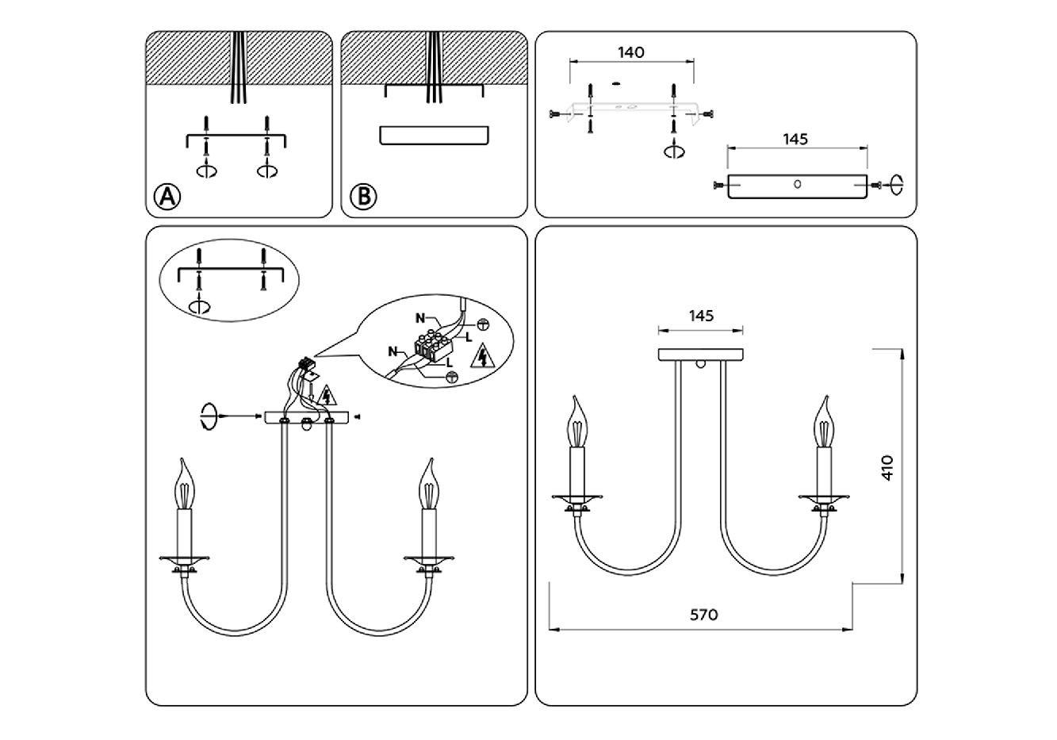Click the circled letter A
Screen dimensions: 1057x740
tap(167, 197)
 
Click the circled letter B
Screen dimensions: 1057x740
tap(363, 197)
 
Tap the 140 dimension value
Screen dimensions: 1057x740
tap(631, 52)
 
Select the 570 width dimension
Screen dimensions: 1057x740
tap(703, 615)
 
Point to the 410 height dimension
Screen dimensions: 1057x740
tap(887, 468)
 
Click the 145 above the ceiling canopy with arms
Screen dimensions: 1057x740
tap(701, 316)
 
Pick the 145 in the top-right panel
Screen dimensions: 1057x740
tap(795, 140)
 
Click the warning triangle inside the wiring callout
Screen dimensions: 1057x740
tap(483, 356)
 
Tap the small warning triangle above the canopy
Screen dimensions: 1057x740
tap(327, 396)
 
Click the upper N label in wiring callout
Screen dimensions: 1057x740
tap(420, 319)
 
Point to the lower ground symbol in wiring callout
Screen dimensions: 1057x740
tap(452, 377)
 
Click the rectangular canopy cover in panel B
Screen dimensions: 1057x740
tap(434, 135)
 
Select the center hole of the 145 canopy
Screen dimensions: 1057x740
tap(798, 184)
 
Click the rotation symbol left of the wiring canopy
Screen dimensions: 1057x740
tap(209, 416)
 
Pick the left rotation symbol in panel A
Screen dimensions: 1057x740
tap(207, 171)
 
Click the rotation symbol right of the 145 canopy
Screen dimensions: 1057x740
tap(896, 185)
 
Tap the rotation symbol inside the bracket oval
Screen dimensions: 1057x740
tap(199, 306)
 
